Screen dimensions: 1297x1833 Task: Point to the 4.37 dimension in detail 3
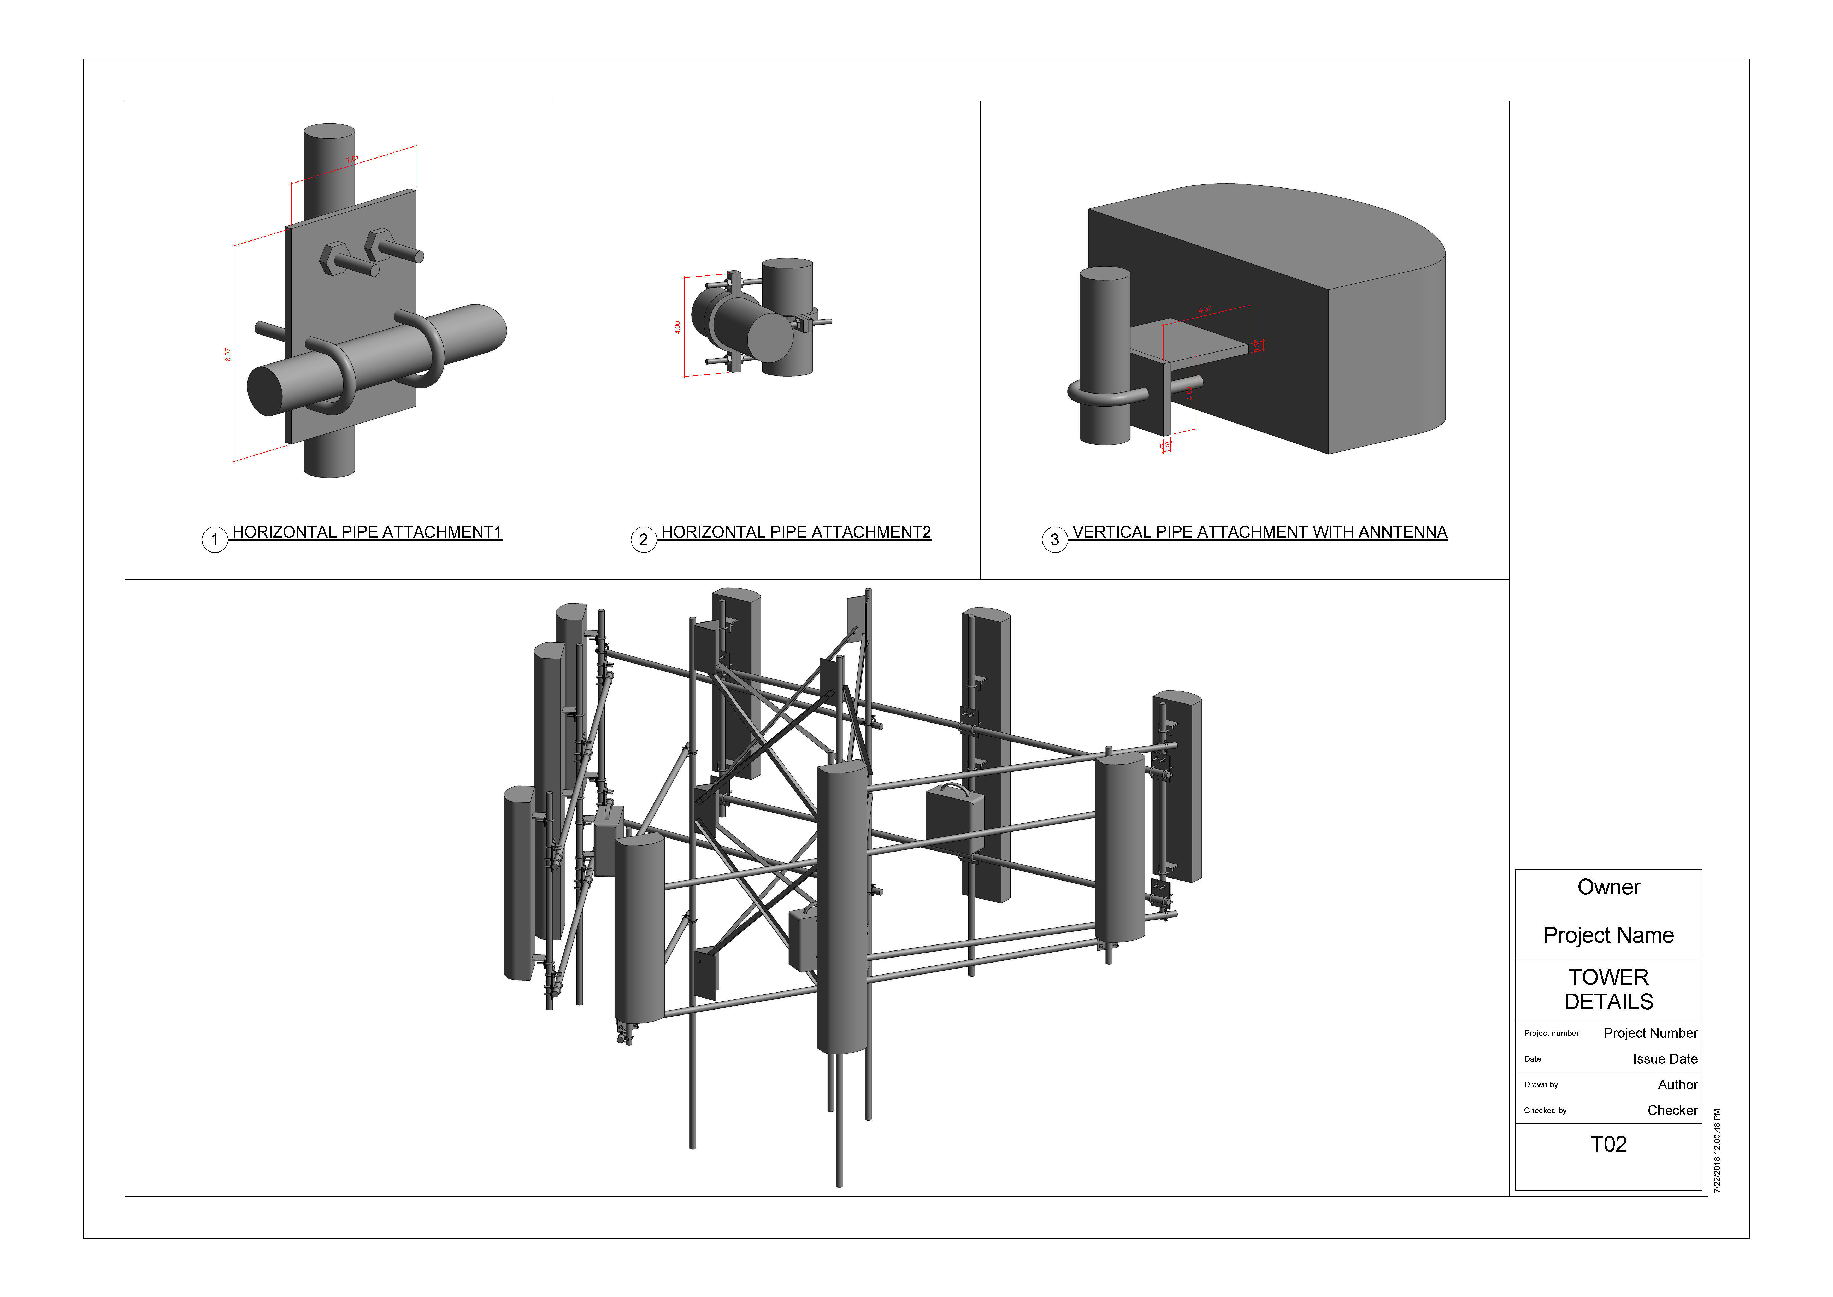pos(1205,309)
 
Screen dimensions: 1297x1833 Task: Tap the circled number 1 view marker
pos(214,540)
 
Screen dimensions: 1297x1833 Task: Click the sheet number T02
pos(1608,1145)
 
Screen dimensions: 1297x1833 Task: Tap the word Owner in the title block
pos(1608,887)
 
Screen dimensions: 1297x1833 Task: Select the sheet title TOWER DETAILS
pos(1608,989)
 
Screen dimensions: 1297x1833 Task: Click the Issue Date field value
pos(1665,1059)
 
